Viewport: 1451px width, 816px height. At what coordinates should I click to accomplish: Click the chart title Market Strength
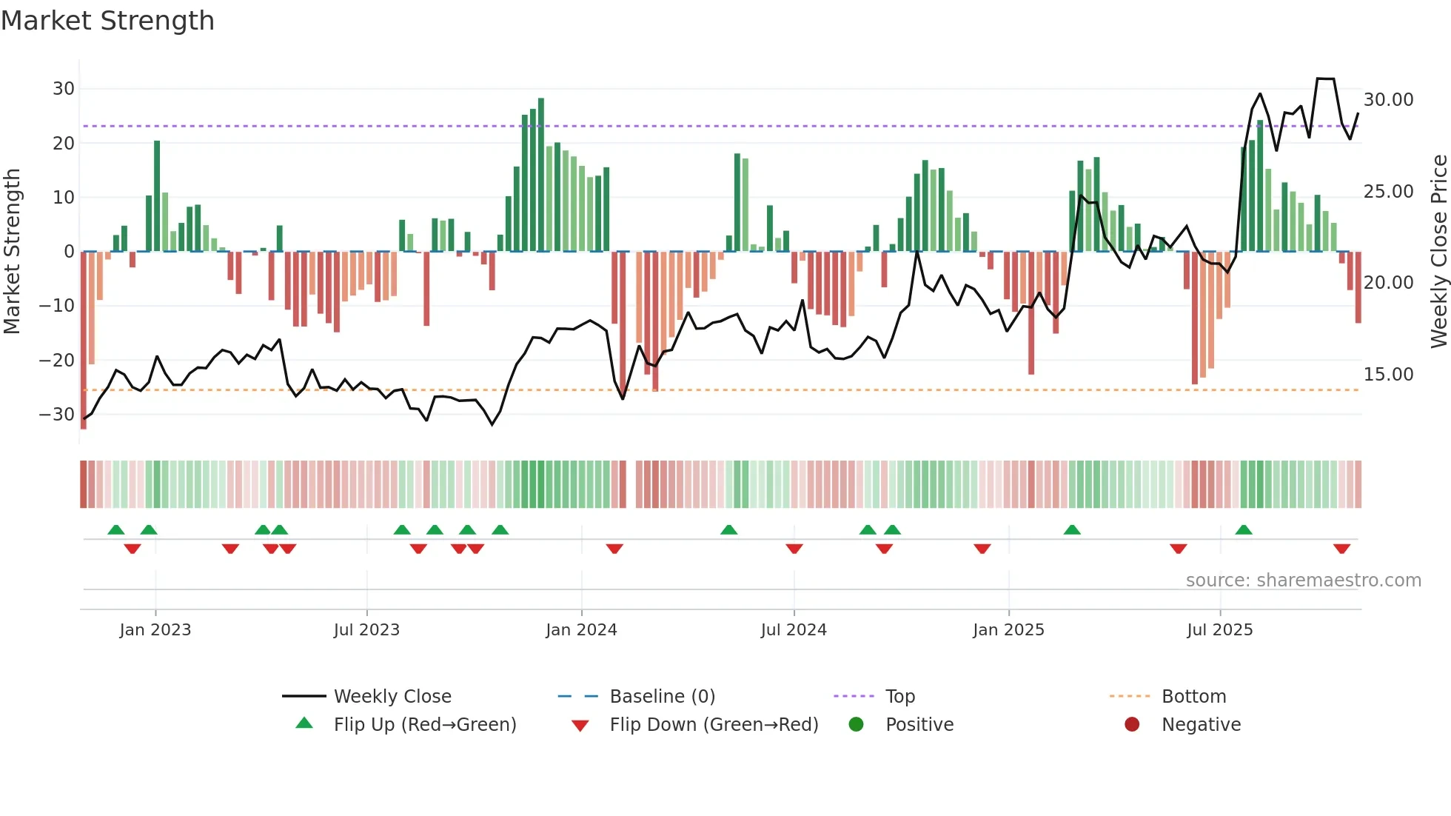click(107, 21)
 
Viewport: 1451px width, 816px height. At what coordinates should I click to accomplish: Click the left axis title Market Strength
click(13, 252)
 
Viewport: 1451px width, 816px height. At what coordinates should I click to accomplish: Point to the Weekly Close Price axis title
click(1438, 252)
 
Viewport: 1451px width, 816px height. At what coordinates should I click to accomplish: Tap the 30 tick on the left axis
click(64, 89)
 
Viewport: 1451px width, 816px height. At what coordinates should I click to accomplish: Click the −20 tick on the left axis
click(57, 361)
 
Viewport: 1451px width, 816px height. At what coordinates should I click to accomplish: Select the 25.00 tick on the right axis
click(1388, 192)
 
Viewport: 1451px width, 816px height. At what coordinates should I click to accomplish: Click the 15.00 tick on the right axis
click(1388, 375)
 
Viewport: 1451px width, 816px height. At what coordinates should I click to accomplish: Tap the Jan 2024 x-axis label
click(581, 630)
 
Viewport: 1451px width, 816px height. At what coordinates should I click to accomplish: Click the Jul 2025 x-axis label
click(1219, 630)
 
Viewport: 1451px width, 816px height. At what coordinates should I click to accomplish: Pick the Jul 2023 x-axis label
click(366, 630)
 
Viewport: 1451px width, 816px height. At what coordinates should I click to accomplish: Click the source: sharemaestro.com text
click(1303, 581)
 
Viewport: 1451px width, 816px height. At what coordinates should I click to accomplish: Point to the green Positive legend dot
click(857, 725)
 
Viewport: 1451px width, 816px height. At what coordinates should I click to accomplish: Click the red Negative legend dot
click(1132, 725)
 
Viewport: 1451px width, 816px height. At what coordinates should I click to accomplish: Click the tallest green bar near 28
click(541, 175)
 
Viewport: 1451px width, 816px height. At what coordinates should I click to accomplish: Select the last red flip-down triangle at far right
click(1341, 549)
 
